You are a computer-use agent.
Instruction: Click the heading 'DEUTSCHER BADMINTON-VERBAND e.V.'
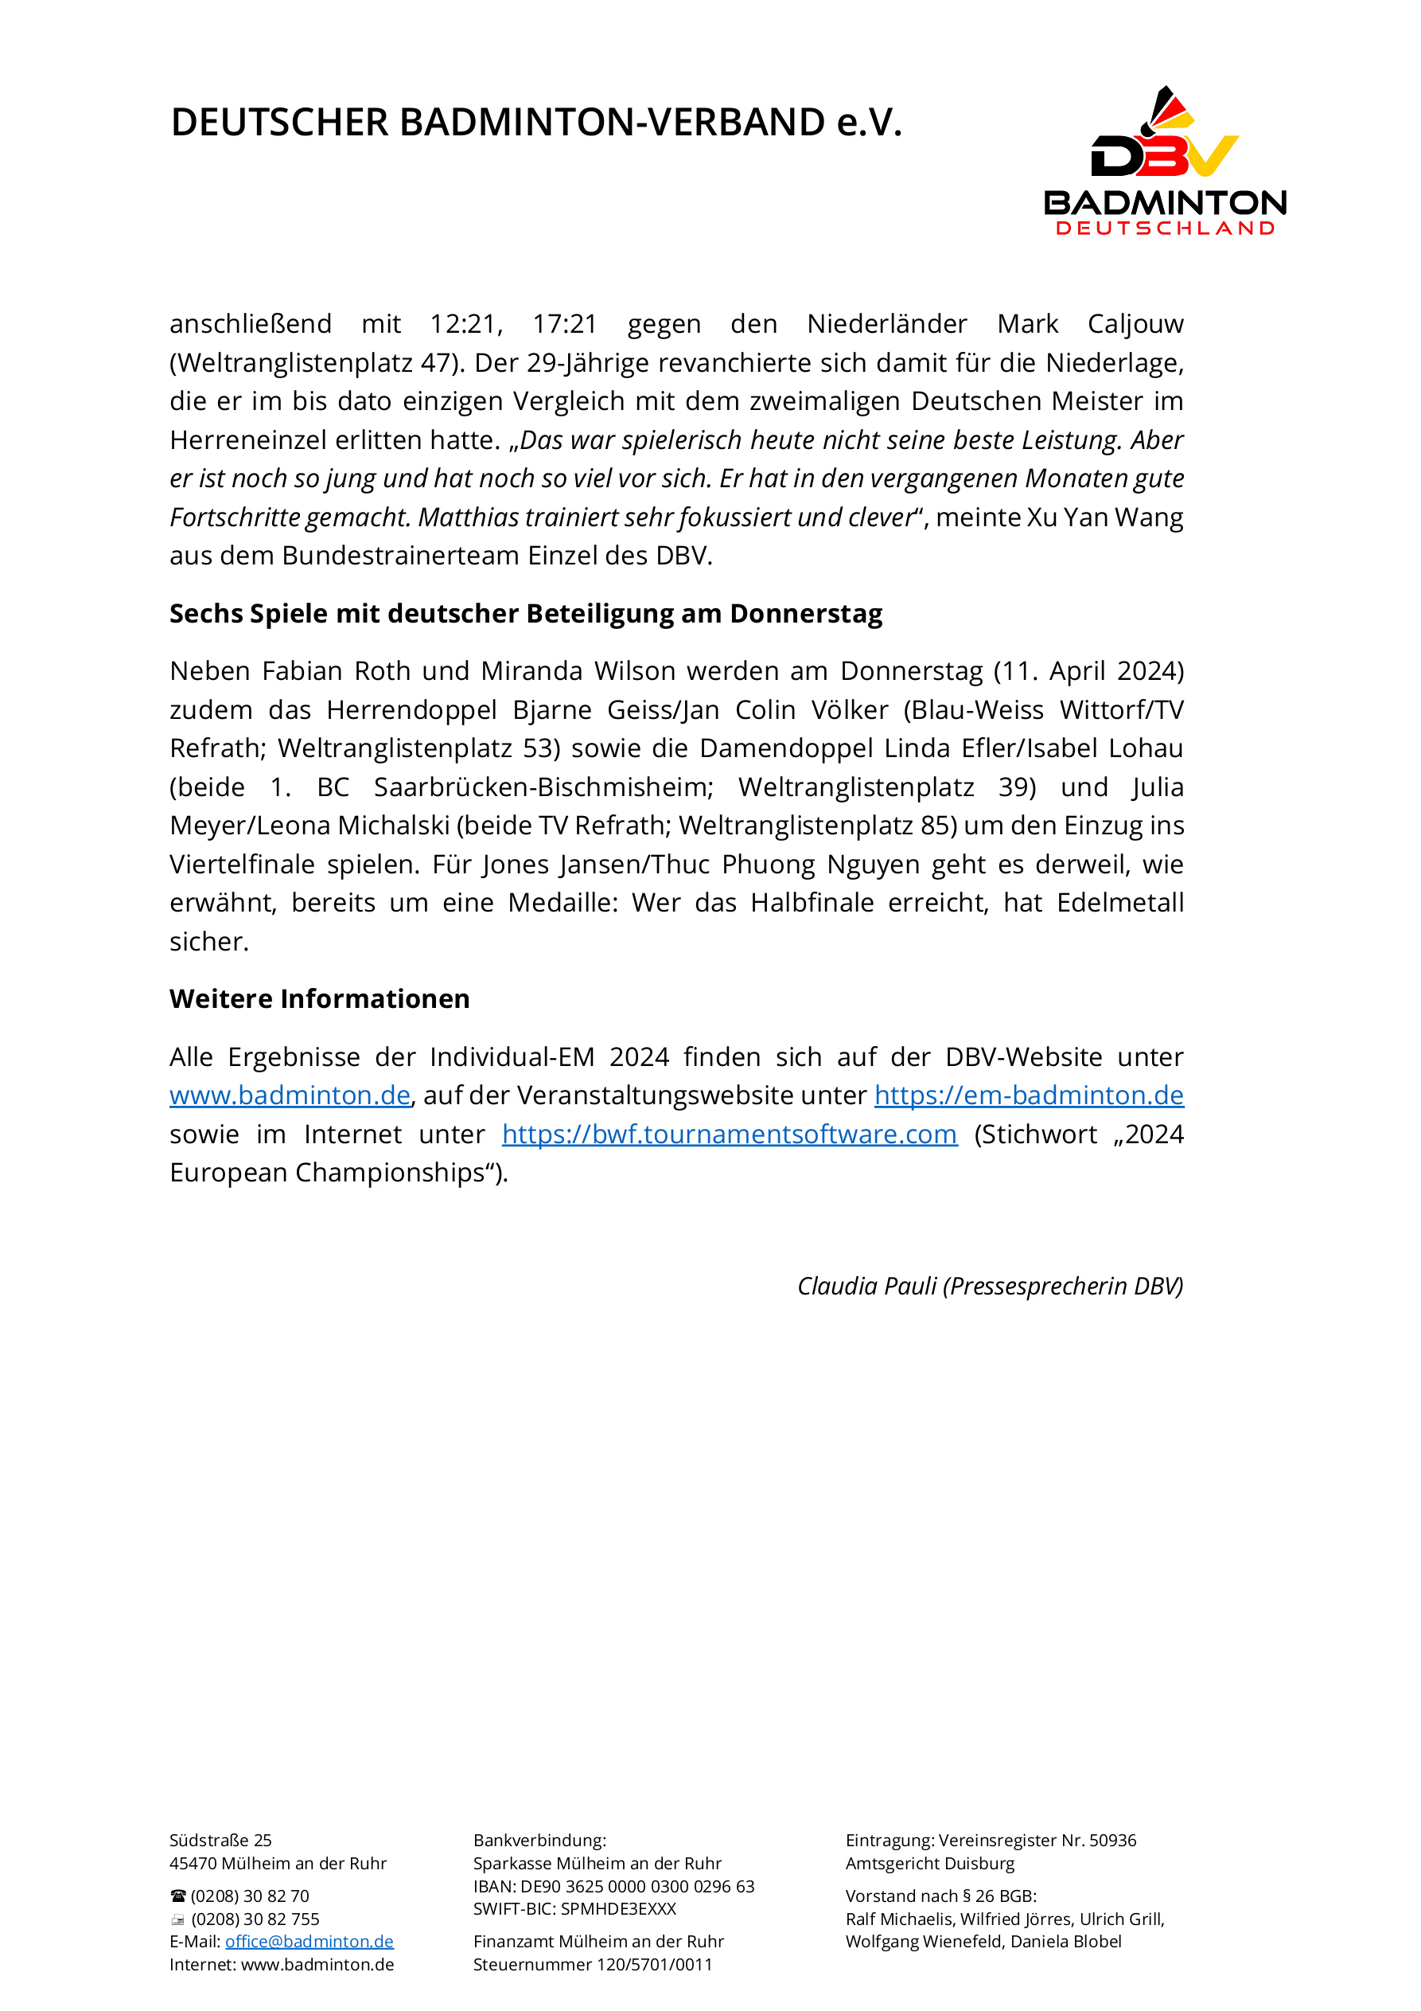click(x=535, y=123)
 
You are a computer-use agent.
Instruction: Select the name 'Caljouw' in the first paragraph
click(x=1135, y=324)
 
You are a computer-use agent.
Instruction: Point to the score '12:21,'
click(x=465, y=324)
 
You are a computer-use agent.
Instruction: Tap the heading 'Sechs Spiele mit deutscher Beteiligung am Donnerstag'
click(x=525, y=614)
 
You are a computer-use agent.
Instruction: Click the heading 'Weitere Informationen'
click(x=320, y=999)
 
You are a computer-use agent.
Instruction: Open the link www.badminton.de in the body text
click(x=290, y=1095)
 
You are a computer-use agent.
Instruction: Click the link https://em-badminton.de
click(x=1029, y=1095)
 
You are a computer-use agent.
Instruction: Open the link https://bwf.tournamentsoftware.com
click(x=730, y=1134)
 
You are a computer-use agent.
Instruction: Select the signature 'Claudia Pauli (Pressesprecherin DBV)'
click(x=989, y=1286)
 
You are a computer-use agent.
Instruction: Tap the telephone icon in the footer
click(x=178, y=1896)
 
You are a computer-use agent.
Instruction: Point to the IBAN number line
click(x=613, y=1887)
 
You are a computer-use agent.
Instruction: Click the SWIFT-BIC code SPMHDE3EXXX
click(x=618, y=1908)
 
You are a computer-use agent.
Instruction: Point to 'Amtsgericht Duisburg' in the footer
click(x=930, y=1864)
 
